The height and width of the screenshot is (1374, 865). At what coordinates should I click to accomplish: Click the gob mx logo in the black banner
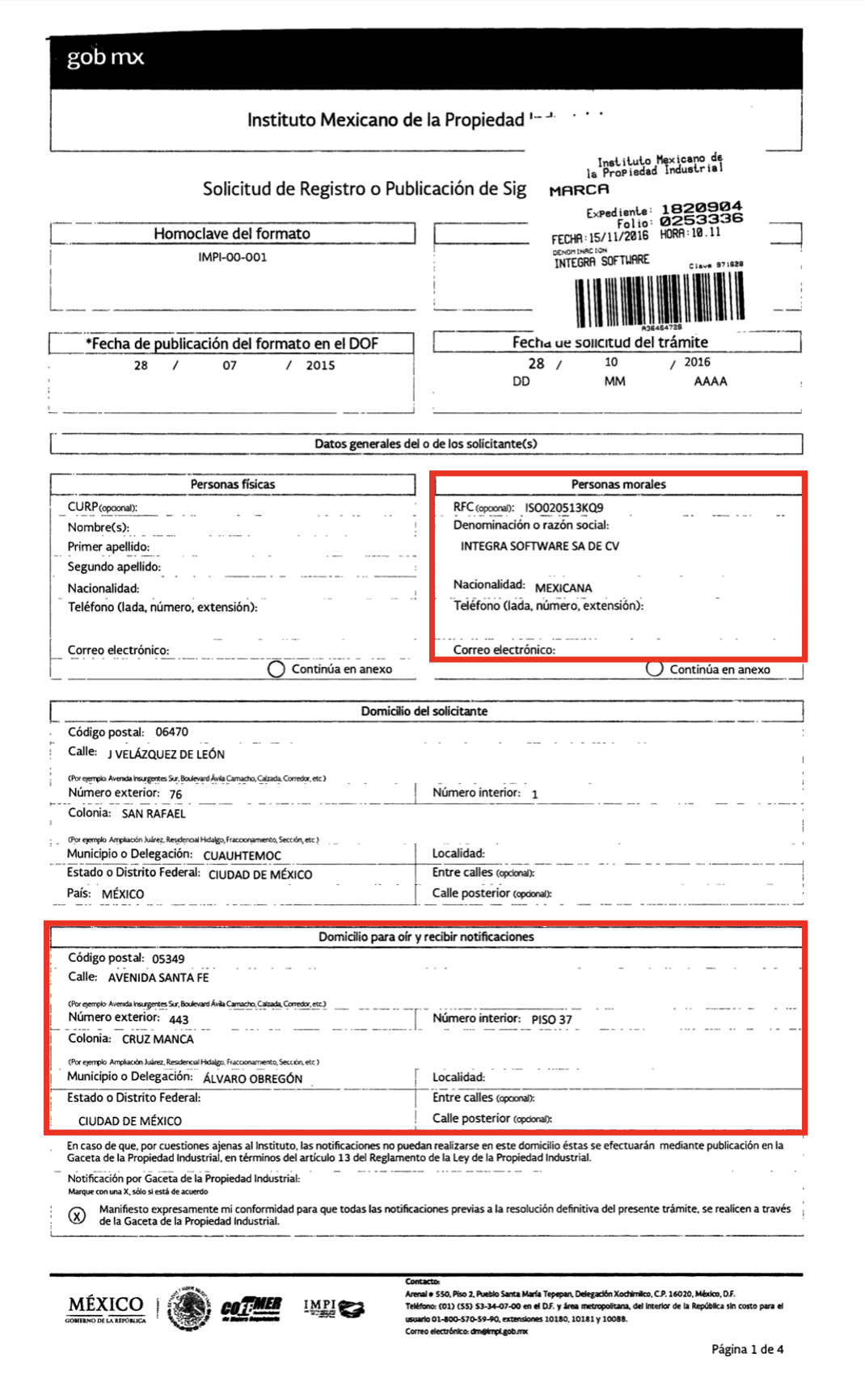click(105, 57)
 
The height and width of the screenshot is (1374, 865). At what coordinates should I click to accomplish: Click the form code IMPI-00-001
click(232, 257)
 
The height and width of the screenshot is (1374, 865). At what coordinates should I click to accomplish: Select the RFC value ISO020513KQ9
click(563, 508)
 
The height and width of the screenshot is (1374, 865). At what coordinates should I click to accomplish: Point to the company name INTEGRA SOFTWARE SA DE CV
click(539, 546)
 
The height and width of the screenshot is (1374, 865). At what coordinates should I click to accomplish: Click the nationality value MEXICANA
click(563, 588)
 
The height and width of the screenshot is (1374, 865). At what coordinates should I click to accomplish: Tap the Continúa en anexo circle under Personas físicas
click(276, 669)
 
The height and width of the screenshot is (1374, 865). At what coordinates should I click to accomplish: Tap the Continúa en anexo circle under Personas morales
click(655, 668)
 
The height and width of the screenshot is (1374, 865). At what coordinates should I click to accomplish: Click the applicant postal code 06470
click(171, 732)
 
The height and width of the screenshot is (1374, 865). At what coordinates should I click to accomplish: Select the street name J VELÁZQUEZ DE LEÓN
click(167, 754)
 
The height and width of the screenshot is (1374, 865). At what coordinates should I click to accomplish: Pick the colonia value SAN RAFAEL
click(154, 814)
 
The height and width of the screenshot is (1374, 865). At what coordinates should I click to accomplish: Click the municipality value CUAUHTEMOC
click(242, 855)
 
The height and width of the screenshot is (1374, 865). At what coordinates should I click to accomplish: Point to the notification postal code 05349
click(168, 959)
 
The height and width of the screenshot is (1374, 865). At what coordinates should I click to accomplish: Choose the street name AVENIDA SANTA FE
click(158, 978)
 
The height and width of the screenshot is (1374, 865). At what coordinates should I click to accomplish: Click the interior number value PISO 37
click(551, 1020)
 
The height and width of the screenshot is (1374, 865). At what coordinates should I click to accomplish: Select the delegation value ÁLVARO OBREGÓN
click(252, 1078)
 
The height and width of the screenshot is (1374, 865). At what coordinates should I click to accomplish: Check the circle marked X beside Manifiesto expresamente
click(77, 1216)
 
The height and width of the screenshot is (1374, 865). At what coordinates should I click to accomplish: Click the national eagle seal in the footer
click(190, 1308)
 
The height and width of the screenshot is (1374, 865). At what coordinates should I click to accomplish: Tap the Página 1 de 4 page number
click(747, 1349)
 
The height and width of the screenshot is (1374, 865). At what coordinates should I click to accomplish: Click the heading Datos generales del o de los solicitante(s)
click(426, 444)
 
